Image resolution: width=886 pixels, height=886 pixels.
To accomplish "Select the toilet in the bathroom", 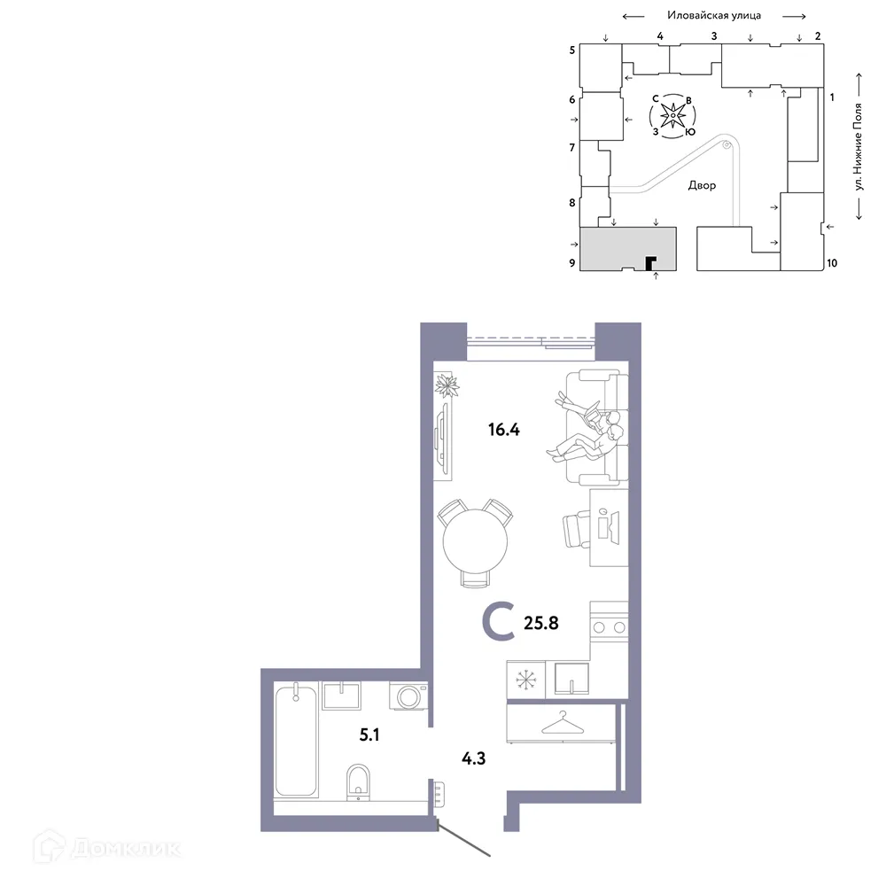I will (359, 780).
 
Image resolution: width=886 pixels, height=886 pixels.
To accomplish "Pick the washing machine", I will (409, 696).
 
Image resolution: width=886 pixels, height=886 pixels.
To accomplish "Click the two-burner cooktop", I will (610, 627).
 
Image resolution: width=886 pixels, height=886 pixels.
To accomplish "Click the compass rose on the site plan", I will (673, 116).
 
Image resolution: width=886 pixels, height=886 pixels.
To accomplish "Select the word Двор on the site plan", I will (702, 186).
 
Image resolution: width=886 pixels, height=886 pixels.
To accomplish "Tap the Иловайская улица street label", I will (714, 15).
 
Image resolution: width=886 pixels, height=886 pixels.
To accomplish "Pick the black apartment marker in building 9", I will (650, 262).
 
